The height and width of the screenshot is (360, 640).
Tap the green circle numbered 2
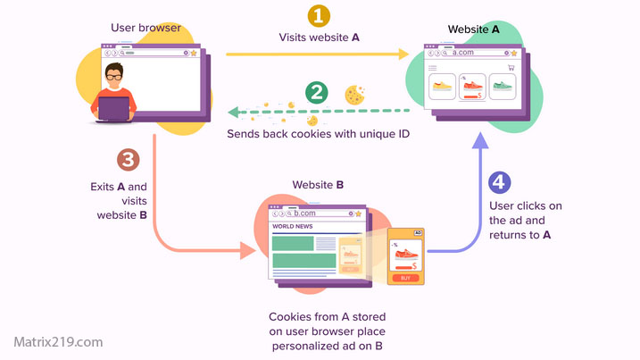[316, 92]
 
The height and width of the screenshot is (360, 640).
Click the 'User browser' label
[145, 28]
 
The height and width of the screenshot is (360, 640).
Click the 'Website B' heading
[318, 186]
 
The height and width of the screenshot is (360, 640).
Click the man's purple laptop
[113, 110]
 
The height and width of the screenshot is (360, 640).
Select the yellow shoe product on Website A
[441, 87]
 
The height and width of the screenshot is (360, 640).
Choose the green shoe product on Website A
[504, 87]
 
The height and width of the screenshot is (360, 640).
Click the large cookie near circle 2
[354, 93]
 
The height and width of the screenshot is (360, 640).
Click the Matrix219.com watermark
[59, 341]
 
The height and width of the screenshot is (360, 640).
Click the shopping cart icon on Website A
[511, 67]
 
